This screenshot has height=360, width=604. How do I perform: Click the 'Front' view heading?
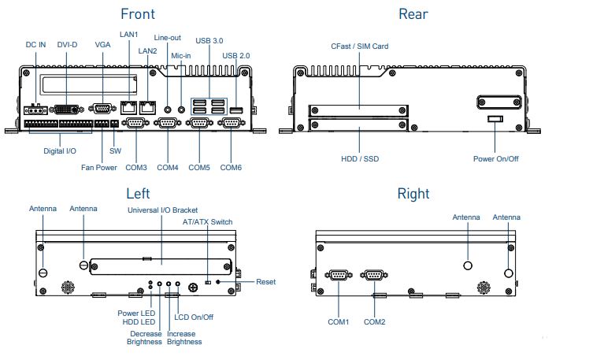coord(137,14)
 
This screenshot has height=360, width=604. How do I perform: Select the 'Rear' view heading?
coord(413,14)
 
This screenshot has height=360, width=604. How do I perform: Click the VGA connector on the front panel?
coord(102,108)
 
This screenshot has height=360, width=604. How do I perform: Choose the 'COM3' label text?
coord(136,167)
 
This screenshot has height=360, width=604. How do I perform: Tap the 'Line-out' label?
coord(168,37)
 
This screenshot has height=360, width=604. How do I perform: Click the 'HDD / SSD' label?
coord(360,159)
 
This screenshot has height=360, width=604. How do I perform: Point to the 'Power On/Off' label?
coord(495,159)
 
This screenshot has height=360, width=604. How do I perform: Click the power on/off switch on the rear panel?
coord(495,119)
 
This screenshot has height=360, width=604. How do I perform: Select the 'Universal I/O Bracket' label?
coord(163,210)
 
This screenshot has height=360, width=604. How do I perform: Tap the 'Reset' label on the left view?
coord(265,282)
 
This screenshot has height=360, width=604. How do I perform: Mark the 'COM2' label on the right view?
coord(374,322)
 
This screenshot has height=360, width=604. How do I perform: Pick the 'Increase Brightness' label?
coord(184,337)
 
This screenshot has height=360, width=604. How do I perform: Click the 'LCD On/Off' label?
coord(194,317)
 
